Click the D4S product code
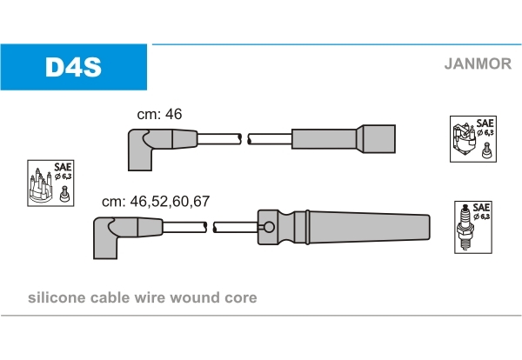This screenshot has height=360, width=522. [73, 66]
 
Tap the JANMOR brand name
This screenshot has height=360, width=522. [477, 63]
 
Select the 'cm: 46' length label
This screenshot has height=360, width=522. [159, 114]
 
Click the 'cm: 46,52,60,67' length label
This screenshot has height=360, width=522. [156, 201]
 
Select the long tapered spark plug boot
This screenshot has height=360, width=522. [365, 228]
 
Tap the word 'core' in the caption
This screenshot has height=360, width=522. [241, 297]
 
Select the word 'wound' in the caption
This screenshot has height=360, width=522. [198, 297]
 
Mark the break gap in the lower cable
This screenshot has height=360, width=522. [211, 228]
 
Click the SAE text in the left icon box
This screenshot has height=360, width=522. [64, 166]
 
